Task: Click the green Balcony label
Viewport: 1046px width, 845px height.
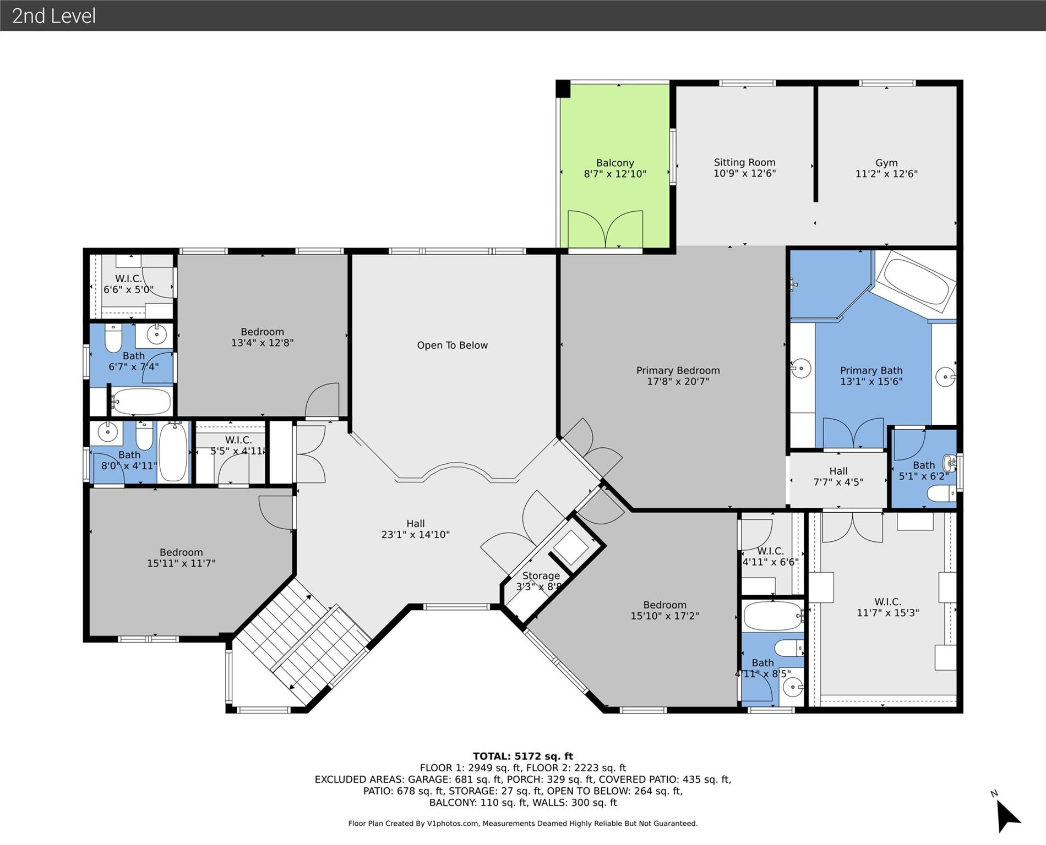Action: tap(614, 163)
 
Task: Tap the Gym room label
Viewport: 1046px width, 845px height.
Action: tap(886, 163)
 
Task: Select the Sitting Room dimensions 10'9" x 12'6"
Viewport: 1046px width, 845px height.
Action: tap(744, 173)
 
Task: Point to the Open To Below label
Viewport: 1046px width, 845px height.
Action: tap(452, 345)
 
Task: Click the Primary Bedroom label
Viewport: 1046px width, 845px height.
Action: tap(678, 370)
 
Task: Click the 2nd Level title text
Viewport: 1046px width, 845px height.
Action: tap(54, 15)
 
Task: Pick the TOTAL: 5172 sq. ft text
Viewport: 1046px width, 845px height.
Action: tap(522, 756)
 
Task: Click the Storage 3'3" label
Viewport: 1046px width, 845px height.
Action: tap(541, 576)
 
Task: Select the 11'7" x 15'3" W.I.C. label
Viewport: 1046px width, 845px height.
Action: tap(887, 607)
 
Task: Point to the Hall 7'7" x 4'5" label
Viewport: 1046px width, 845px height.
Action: tap(838, 476)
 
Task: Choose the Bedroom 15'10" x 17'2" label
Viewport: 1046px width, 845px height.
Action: tap(664, 610)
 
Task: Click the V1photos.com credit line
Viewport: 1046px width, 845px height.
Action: tap(522, 824)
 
